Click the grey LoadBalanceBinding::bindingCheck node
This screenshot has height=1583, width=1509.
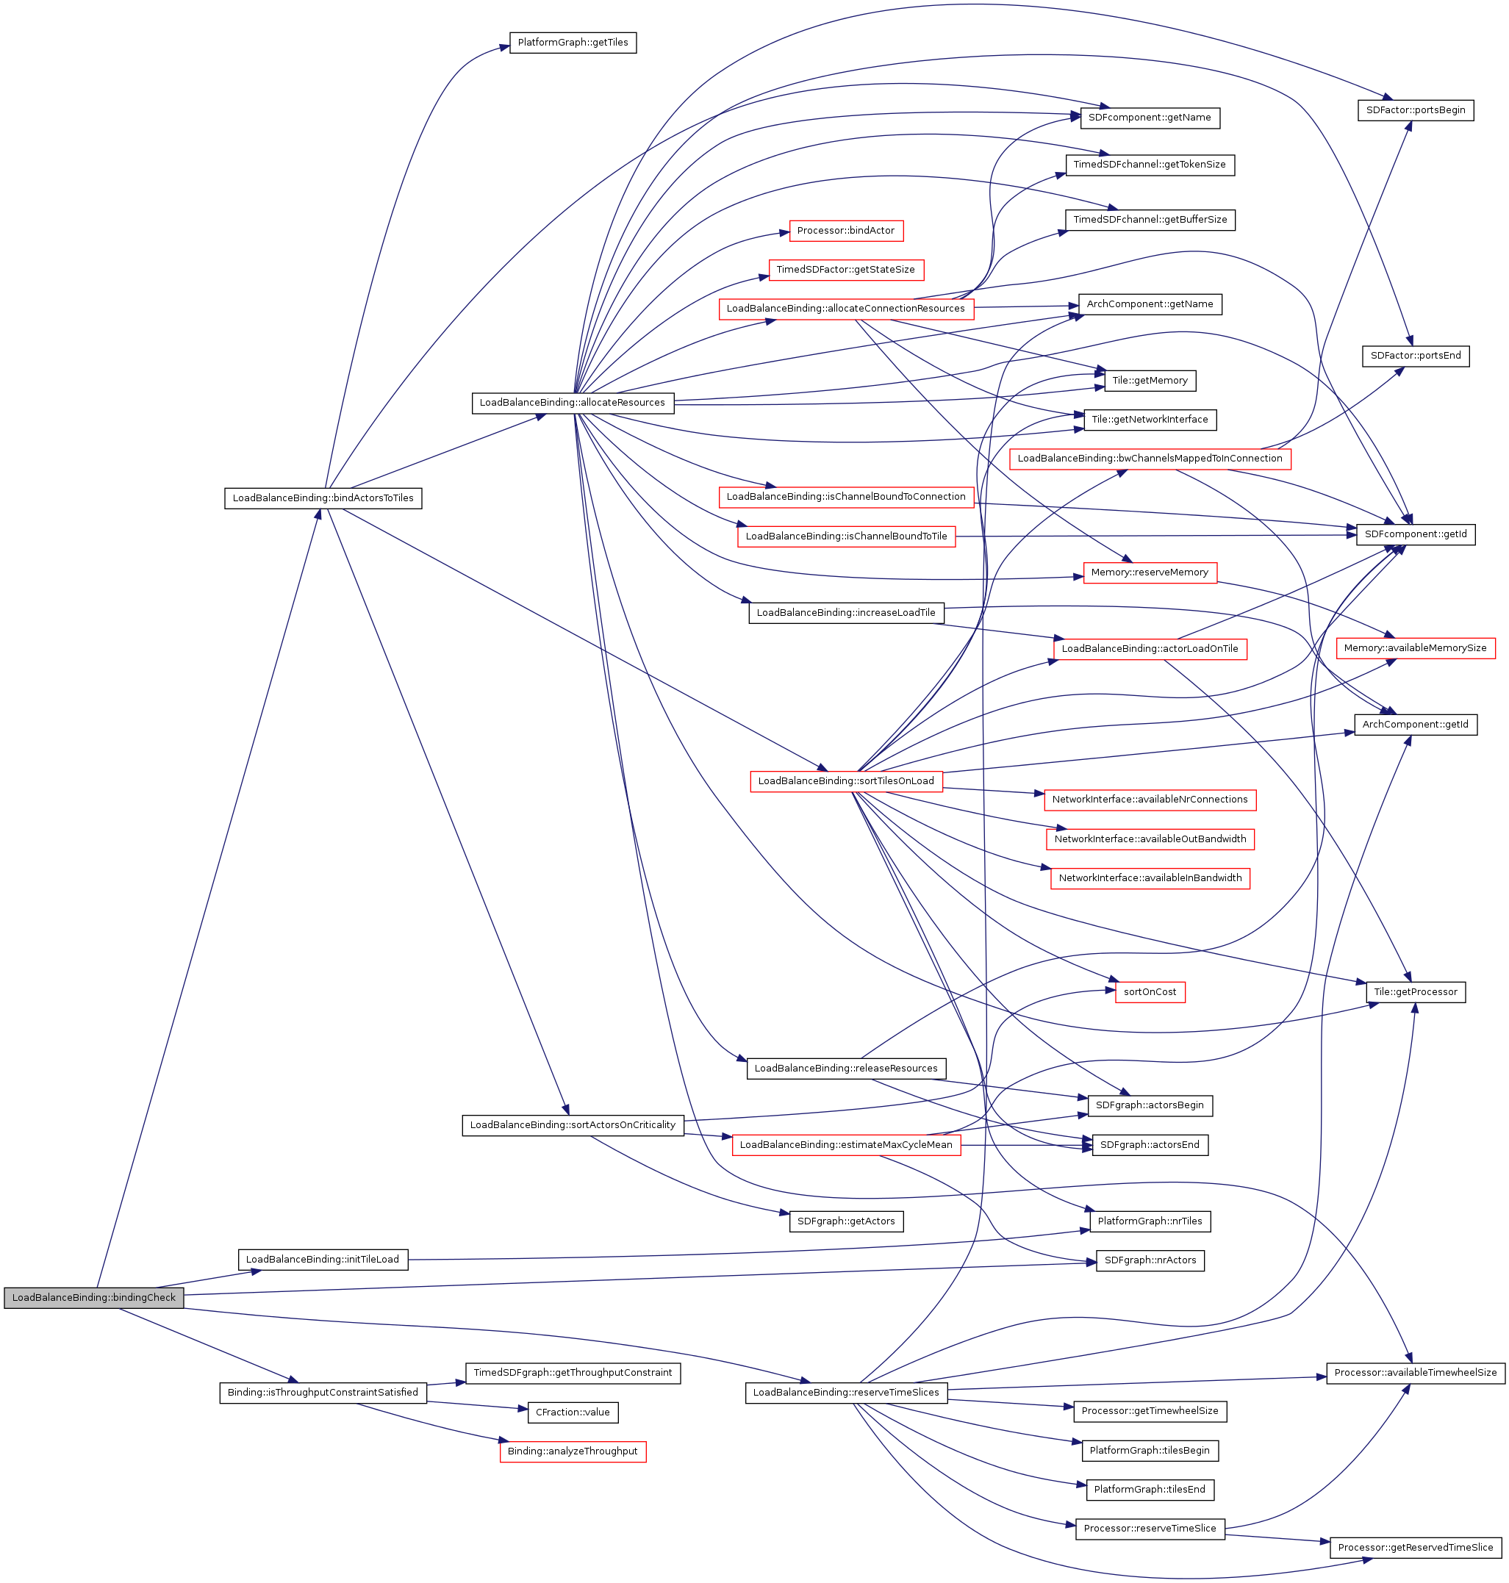click(93, 1297)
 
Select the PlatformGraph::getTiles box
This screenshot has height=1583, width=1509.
click(573, 43)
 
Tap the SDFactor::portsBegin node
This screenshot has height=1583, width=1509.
click(1415, 110)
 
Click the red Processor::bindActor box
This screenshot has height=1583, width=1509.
click(845, 231)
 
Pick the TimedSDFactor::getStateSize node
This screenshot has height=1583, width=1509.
click(845, 270)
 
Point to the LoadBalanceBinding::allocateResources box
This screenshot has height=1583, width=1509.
click(572, 402)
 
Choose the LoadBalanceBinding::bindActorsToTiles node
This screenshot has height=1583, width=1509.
click(323, 498)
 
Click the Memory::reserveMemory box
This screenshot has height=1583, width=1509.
click(1150, 572)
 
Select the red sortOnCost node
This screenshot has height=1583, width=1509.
click(1150, 992)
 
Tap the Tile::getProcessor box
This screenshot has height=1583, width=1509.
click(1415, 992)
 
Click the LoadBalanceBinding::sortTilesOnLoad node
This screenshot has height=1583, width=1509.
click(846, 781)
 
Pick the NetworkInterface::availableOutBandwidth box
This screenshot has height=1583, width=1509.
click(1150, 839)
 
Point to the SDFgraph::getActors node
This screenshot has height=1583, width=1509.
click(845, 1221)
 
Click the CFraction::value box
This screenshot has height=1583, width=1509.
click(573, 1412)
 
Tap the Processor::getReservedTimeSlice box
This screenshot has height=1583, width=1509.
click(1415, 1548)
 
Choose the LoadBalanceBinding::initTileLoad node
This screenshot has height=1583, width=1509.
click(323, 1260)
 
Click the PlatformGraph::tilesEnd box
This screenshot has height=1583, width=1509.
click(1150, 1490)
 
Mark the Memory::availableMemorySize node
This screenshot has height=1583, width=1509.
click(1415, 648)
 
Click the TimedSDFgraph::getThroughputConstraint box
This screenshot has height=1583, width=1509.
click(573, 1373)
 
